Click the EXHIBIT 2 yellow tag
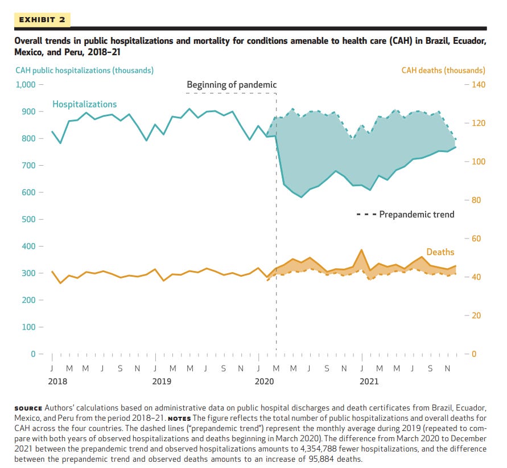point(42,20)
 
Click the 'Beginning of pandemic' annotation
point(232,85)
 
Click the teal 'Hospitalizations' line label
point(84,104)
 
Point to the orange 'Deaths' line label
point(440,252)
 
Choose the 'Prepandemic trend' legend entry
point(417,215)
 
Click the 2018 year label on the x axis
point(57,381)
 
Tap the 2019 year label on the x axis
point(162,381)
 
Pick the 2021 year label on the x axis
point(369,381)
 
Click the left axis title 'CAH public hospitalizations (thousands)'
point(84,71)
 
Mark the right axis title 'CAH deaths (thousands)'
point(443,71)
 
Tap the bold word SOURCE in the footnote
point(28,408)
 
